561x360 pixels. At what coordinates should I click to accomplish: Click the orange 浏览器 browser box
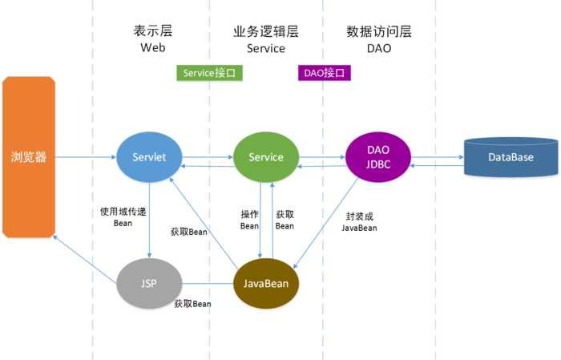pos(29,157)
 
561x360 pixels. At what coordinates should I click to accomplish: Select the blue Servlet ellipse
pos(150,157)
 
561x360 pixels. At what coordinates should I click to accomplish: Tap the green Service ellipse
pos(266,157)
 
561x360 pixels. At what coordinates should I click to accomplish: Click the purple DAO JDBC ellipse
pos(378,157)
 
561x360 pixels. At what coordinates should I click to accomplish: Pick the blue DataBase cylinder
pos(511,157)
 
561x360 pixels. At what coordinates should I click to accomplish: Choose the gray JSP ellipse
pos(149,284)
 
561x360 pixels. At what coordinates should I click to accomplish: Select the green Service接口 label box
pos(209,73)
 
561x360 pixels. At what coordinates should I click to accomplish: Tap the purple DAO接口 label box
pos(325,73)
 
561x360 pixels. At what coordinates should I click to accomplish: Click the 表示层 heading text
pos(152,31)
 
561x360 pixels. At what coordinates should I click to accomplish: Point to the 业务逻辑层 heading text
pos(266,31)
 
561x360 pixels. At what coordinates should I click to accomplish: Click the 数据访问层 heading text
pos(379,31)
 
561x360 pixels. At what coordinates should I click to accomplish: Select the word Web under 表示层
pos(152,48)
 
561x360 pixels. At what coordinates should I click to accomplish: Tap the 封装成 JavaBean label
pos(359,221)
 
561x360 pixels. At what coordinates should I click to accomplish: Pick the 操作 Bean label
pos(250,220)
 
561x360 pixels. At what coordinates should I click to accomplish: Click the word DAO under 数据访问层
pos(379,48)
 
